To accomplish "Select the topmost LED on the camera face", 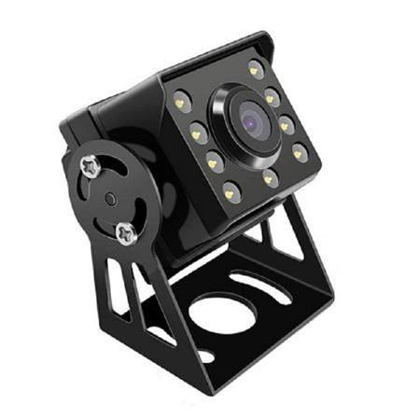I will pyautogui.click(x=255, y=69).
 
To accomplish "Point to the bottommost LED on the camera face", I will pyautogui.click(x=231, y=193).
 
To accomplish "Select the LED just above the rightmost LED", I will pyautogui.click(x=286, y=122).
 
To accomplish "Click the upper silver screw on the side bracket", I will pyautogui.click(x=91, y=167).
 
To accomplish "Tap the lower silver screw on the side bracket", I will pyautogui.click(x=126, y=232).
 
